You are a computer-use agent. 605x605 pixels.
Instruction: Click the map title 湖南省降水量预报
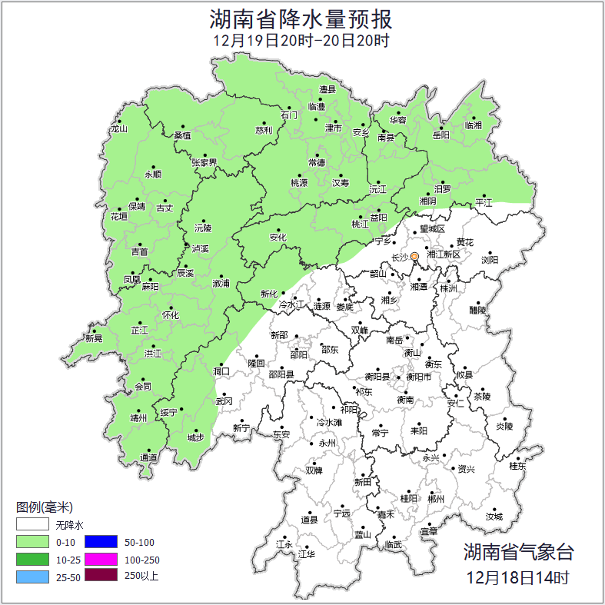pos(302,18)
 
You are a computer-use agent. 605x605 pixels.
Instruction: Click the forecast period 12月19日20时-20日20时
pos(302,40)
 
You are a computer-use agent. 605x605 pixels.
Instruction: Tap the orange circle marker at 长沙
pos(415,256)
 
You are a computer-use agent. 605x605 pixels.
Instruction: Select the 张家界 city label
pos(204,162)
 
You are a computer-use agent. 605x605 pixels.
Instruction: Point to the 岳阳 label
pos(440,135)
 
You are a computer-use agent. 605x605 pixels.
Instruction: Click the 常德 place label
pos(317,162)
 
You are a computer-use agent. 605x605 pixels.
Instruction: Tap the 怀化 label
pos(171,315)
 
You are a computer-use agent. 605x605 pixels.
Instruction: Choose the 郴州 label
pos(436,499)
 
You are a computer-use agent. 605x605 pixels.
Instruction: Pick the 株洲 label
pos(448,288)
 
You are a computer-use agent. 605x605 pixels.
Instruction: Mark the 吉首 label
pos(140,251)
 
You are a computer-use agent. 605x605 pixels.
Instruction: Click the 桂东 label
pos(517,466)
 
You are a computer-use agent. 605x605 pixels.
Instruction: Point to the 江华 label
pos(307,553)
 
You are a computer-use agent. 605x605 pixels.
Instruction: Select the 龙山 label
pos(118,128)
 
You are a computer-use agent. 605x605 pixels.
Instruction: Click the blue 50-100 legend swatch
pos(101,543)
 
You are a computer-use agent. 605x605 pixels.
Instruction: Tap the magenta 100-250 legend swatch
pos(101,559)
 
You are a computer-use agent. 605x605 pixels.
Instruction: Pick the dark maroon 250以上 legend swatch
pos(101,575)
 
